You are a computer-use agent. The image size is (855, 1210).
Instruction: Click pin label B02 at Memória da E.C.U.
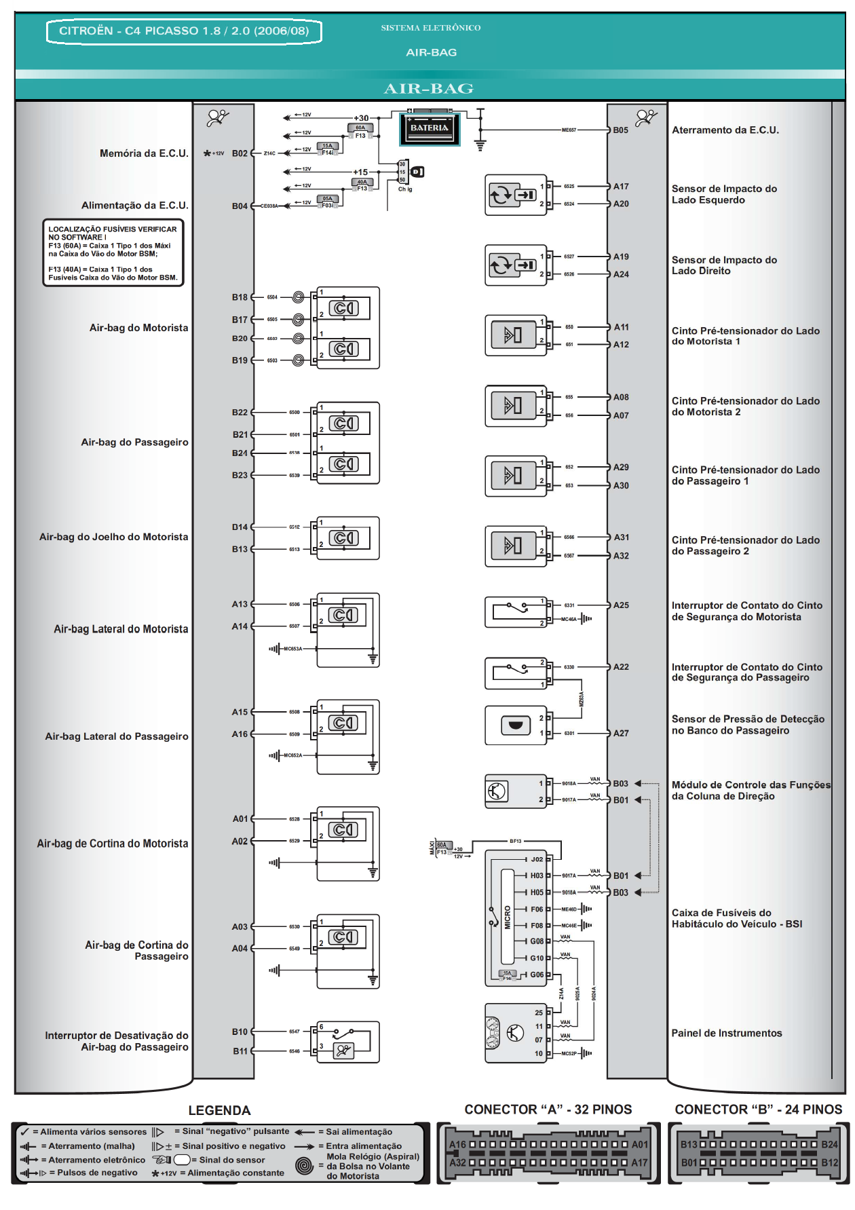point(240,153)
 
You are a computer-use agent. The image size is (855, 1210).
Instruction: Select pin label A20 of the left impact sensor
point(621,204)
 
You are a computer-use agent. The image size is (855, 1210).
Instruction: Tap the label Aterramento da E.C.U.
point(725,130)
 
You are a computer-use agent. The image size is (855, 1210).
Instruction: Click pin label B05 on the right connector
point(620,130)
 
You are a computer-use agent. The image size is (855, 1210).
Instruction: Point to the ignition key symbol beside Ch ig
point(417,172)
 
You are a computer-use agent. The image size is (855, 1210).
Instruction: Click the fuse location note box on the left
point(113,253)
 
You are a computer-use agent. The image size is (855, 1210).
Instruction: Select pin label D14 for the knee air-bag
point(240,527)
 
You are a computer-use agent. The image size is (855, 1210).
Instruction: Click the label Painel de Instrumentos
point(726,1033)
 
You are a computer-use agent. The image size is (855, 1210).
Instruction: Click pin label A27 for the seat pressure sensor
point(621,733)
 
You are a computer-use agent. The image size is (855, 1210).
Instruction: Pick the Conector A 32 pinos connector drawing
point(548,1153)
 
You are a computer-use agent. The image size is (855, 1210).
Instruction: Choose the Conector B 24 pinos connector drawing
point(759,1153)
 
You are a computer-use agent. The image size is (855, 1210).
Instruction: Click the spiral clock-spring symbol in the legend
point(304,1166)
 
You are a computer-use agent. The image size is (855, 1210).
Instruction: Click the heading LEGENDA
point(219,1110)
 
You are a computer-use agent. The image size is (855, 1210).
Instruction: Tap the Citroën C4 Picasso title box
point(184,31)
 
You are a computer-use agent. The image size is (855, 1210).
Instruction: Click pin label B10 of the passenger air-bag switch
point(240,1032)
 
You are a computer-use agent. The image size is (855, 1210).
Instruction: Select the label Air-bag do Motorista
point(138,328)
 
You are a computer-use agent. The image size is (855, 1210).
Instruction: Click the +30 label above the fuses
point(361,118)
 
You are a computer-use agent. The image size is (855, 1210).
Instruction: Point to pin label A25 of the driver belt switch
point(621,605)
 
